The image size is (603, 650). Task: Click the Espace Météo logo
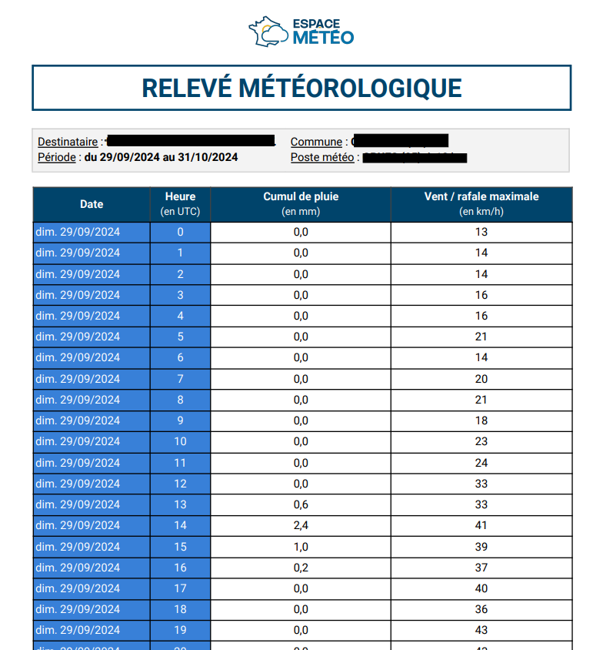click(x=301, y=31)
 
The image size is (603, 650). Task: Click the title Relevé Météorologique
click(x=301, y=88)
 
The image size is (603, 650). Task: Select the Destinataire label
click(x=68, y=142)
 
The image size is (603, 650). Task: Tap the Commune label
click(x=316, y=142)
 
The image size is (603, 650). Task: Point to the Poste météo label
click(x=322, y=157)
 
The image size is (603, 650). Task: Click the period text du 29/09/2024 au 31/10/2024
click(x=161, y=157)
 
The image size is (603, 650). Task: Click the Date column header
click(x=91, y=204)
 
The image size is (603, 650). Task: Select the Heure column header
click(x=180, y=204)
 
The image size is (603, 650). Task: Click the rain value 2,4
click(x=301, y=525)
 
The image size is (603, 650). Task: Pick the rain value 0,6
click(x=301, y=504)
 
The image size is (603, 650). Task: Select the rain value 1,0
click(x=301, y=546)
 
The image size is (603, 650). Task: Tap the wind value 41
click(x=481, y=525)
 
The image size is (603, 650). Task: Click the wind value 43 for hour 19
click(x=481, y=630)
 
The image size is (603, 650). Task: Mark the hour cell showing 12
click(x=180, y=484)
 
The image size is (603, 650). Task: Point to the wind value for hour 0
click(x=481, y=232)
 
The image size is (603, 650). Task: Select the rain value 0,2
click(x=301, y=568)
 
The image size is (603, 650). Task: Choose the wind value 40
click(x=481, y=588)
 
